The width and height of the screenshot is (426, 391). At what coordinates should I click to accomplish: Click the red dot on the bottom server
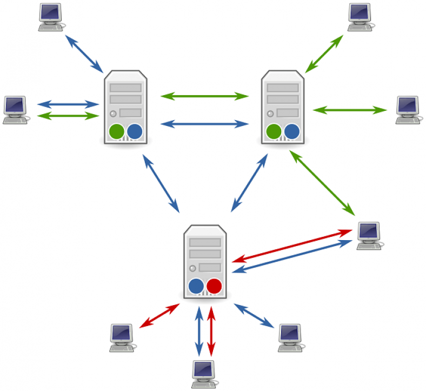[x=214, y=286]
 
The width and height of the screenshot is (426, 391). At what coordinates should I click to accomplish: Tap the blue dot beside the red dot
[x=196, y=286]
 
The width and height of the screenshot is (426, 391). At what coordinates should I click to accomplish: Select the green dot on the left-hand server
[x=116, y=131]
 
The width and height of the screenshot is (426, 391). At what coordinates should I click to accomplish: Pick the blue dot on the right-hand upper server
[x=291, y=131]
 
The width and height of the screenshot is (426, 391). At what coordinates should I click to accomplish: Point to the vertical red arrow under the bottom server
[x=211, y=331]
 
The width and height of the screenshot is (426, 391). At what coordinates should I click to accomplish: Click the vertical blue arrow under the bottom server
[x=199, y=331]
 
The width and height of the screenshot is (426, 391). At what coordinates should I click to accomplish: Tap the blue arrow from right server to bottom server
[x=250, y=183]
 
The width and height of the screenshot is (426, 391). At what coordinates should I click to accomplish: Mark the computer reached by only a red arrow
[x=121, y=337]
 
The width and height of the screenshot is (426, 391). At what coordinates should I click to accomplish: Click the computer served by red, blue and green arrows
[x=369, y=235]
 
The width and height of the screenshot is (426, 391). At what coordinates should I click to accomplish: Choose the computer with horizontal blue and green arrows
[x=15, y=110]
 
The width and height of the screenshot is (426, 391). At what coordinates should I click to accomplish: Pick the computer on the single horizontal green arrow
[x=408, y=110]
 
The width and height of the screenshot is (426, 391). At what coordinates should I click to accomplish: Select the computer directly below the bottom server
[x=204, y=374]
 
